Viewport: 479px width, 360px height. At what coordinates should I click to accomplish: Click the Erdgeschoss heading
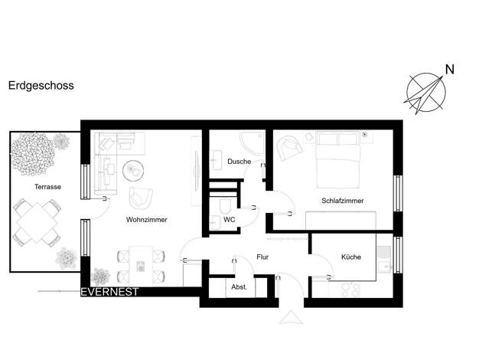[41, 86]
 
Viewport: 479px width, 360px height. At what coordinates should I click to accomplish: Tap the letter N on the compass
[450, 70]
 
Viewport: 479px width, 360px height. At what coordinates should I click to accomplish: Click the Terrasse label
[47, 187]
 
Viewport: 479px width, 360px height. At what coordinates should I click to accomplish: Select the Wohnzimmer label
[147, 220]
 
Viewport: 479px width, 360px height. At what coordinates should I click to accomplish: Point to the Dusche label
[239, 162]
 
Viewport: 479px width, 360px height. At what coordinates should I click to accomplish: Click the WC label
[229, 220]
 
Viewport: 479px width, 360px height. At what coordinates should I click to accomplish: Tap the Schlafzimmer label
[343, 201]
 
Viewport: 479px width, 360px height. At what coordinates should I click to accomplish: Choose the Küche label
[351, 257]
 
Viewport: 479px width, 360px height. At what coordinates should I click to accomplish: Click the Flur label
[262, 257]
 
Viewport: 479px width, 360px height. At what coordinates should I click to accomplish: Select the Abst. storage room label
[239, 287]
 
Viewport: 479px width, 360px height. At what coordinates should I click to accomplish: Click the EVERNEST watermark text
[109, 292]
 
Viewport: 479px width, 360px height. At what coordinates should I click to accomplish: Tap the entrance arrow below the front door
[291, 317]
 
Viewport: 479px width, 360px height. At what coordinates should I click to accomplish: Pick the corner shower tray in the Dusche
[253, 144]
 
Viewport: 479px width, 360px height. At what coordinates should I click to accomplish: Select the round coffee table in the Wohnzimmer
[133, 171]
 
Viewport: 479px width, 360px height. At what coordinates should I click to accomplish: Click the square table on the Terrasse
[37, 222]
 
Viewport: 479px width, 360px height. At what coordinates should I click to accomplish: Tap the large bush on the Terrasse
[33, 154]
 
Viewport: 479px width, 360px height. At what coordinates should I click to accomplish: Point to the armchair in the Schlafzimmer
[289, 147]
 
